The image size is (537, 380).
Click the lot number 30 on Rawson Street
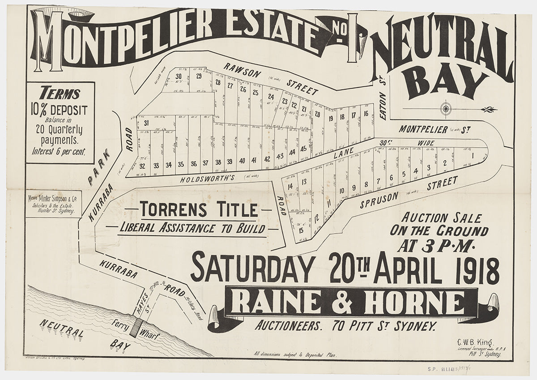point(178,76)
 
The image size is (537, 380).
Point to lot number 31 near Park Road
point(146,123)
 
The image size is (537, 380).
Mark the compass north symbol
point(446,108)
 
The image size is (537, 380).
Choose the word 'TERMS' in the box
point(60,94)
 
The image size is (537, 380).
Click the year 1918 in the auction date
point(480,270)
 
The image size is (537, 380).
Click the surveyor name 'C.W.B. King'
point(475,342)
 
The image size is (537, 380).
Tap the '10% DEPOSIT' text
point(60,110)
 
